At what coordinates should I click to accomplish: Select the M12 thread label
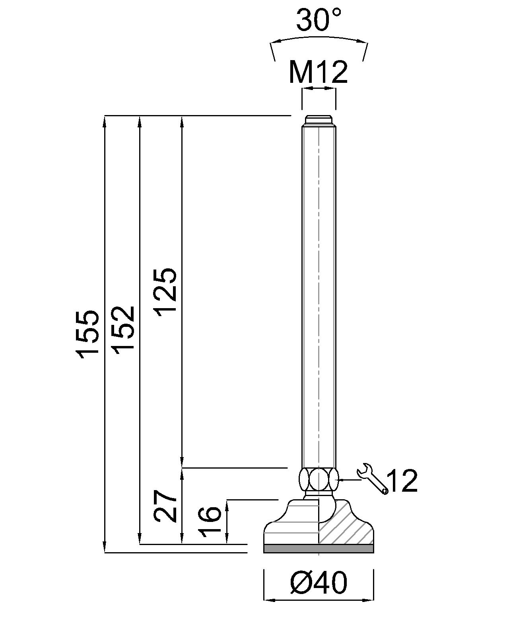(x=318, y=72)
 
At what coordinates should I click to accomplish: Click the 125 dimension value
(x=165, y=292)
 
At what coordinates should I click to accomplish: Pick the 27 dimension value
(x=165, y=506)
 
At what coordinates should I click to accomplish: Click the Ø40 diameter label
(x=319, y=583)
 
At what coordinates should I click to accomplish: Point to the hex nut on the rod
(x=319, y=480)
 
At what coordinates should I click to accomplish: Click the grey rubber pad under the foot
(x=319, y=549)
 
